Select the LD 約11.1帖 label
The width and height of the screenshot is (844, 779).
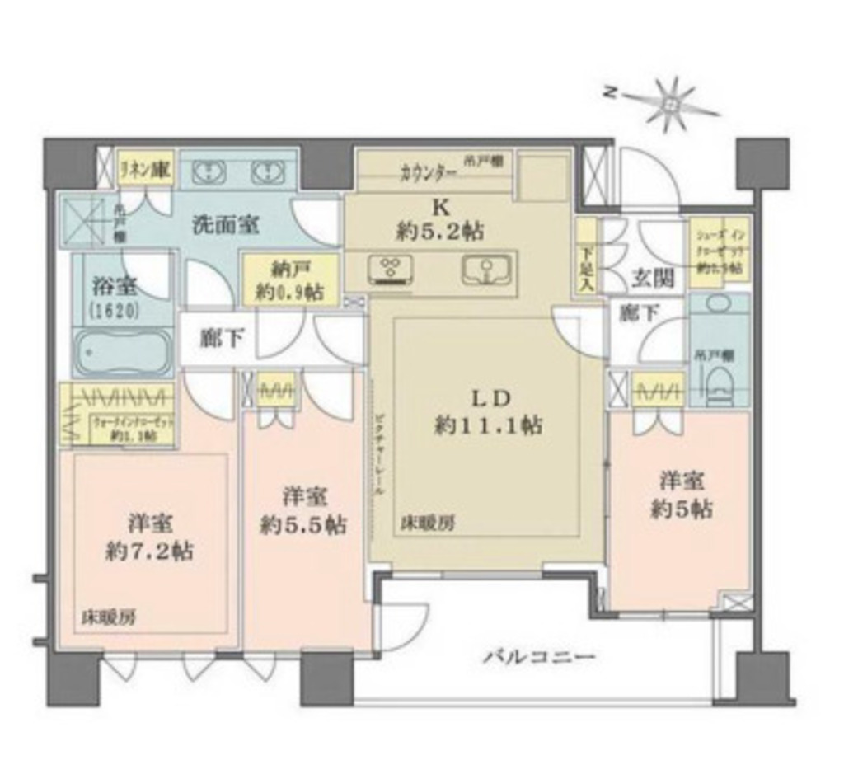pos(489,411)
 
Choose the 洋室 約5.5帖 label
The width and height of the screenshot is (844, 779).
pos(303,510)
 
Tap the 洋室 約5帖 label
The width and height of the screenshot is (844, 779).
pos(681,495)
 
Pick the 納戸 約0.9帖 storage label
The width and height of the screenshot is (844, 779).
pos(289,280)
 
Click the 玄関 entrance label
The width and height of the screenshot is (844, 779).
pos(654,279)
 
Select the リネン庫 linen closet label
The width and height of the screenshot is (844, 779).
pos(145,171)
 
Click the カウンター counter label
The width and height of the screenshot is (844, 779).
pos(429,173)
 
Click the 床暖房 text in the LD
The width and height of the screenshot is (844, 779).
pos(425,523)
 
